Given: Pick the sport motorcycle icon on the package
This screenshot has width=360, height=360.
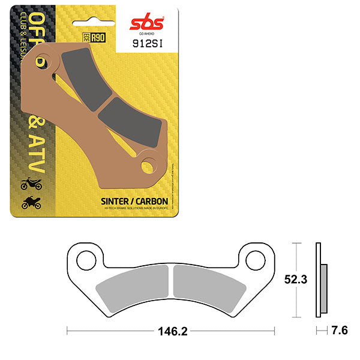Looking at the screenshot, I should [x=31, y=203].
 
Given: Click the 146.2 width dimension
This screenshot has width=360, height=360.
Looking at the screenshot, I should [x=170, y=330].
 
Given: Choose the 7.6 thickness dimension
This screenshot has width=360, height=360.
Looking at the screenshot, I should [x=340, y=329].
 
